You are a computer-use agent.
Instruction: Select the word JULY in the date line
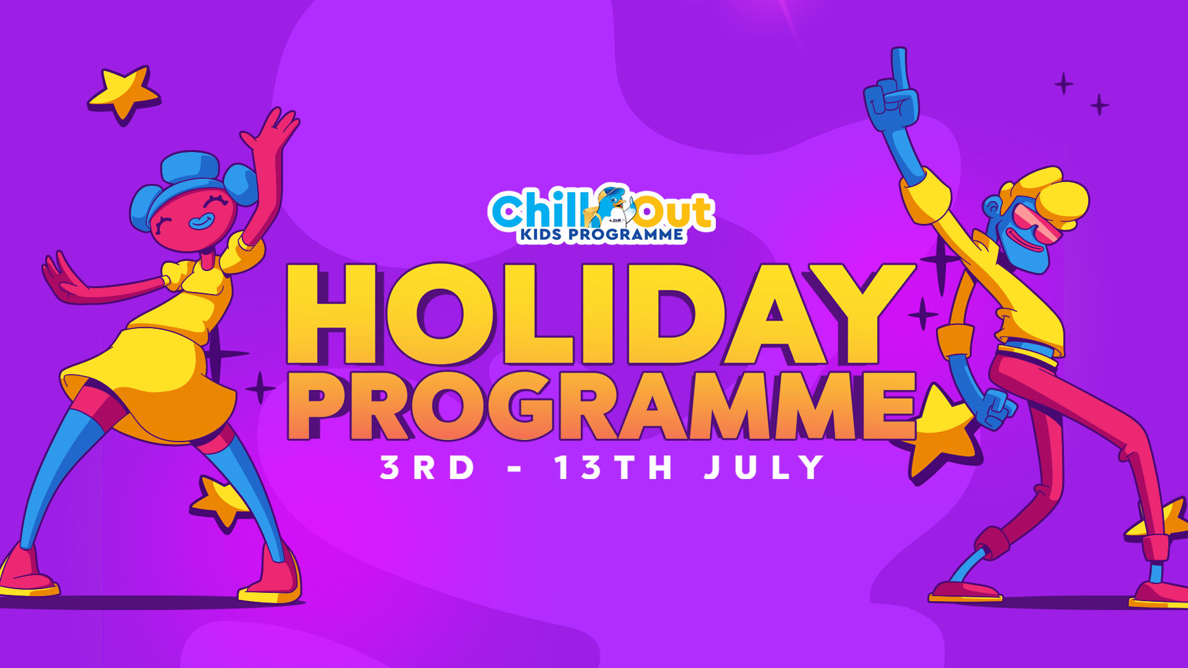[764, 467]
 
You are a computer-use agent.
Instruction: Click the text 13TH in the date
[613, 467]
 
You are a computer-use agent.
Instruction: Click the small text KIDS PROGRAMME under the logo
[601, 235]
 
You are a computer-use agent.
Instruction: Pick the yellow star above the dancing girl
[124, 93]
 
